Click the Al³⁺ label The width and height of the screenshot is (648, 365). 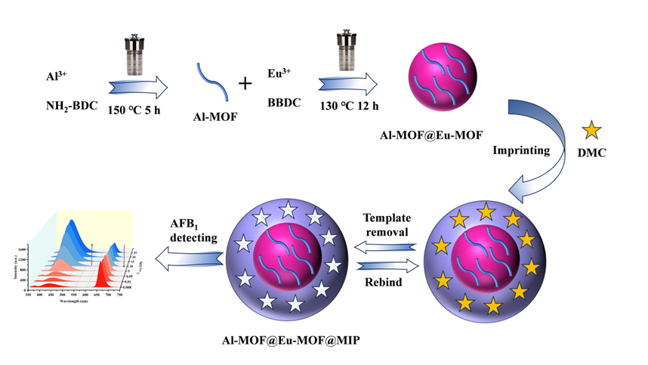coord(58,77)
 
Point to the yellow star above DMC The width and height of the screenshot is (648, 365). coord(591,129)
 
